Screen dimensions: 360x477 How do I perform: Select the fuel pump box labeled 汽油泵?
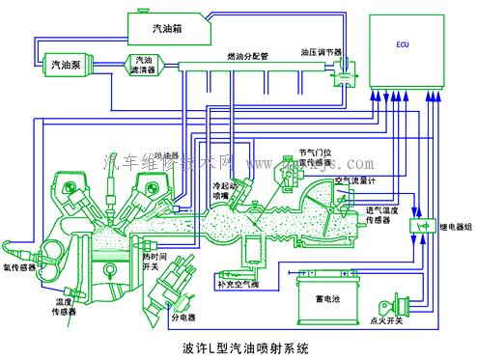tap(71, 64)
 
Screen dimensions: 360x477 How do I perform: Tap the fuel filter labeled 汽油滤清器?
tap(144, 65)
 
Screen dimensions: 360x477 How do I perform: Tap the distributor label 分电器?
tap(183, 317)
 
